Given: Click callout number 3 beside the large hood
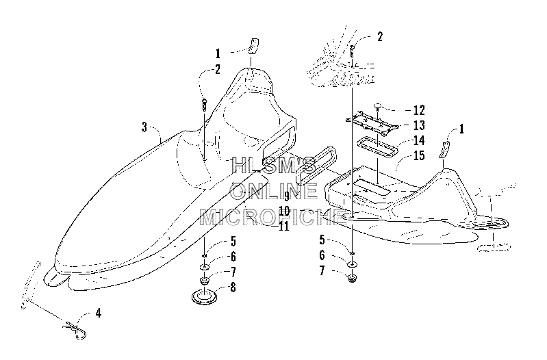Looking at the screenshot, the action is [x=144, y=127].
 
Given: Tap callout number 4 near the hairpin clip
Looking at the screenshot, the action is [x=99, y=313].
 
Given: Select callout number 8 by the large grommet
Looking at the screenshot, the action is [x=232, y=287].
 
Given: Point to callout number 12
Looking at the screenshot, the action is [x=418, y=110].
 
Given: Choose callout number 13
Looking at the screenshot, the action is [x=418, y=125].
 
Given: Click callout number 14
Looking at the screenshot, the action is [x=418, y=140].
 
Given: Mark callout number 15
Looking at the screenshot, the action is [x=418, y=155].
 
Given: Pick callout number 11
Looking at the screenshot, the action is [x=284, y=226].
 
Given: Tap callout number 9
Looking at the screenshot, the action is [x=287, y=196].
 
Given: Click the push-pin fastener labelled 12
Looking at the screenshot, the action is [x=377, y=106].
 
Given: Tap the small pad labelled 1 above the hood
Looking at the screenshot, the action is [x=253, y=46].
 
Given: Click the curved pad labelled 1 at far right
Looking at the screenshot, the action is [x=445, y=150].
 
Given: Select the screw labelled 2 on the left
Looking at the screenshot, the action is [x=204, y=105].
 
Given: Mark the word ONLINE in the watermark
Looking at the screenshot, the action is [x=274, y=190].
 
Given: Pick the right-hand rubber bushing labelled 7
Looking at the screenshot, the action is [x=353, y=278].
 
